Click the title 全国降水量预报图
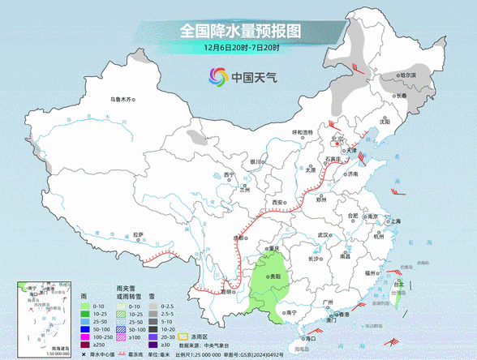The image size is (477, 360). click(239, 32)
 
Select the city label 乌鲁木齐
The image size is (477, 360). click(120, 100)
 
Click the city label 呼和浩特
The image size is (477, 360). click(302, 132)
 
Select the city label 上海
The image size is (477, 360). click(395, 221)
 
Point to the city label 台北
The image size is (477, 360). click(397, 285)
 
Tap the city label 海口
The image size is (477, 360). click(309, 337)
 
